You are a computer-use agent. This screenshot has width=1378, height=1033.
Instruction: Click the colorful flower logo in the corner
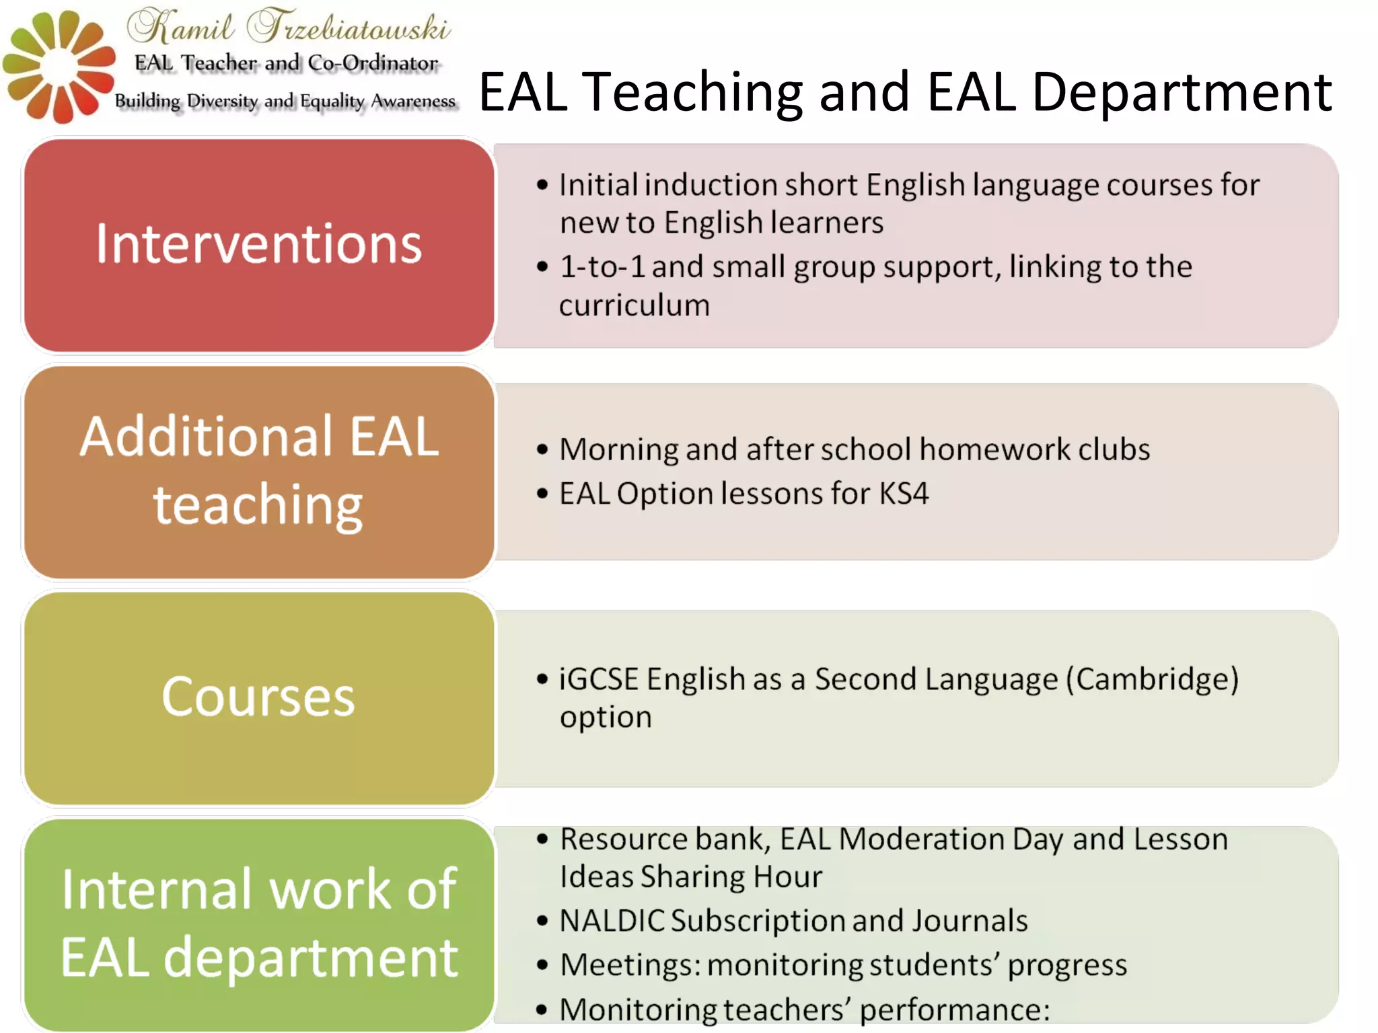59,66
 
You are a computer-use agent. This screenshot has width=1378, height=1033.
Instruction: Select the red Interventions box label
259,243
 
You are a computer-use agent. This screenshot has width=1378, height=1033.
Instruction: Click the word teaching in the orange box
258,504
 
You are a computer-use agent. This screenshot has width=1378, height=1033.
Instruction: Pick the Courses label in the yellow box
258,697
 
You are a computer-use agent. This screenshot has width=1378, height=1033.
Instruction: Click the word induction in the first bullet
709,185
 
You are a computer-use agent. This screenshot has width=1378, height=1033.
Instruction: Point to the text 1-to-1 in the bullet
602,267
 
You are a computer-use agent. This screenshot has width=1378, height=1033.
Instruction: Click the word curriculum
634,305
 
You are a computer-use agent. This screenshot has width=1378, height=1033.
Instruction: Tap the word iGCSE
598,679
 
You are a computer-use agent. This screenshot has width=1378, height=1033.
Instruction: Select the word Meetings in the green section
629,965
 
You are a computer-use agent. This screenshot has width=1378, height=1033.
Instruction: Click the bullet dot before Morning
542,450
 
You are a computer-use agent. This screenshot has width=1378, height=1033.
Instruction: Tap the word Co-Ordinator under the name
373,63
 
